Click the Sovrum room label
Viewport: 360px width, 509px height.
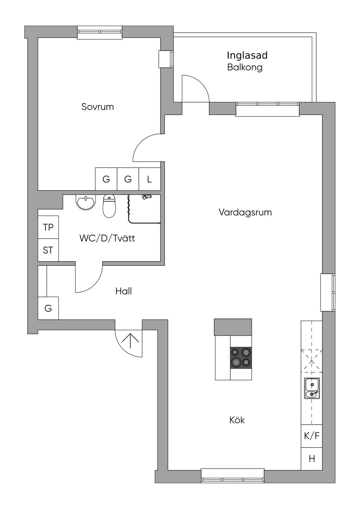click(x=97, y=107)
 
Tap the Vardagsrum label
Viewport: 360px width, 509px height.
click(x=245, y=212)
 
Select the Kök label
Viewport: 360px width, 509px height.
click(x=237, y=420)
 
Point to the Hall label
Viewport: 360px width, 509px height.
click(x=123, y=291)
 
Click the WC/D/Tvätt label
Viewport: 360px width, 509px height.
click(x=107, y=238)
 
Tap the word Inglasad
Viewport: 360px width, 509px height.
click(x=247, y=56)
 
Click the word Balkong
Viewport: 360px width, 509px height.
click(x=245, y=67)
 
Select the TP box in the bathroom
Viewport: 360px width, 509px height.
click(x=48, y=227)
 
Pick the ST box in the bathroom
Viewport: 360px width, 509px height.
click(x=48, y=250)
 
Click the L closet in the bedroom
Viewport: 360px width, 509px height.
click(x=149, y=179)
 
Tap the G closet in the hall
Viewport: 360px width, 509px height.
click(x=48, y=308)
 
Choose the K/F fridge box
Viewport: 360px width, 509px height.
click(x=311, y=436)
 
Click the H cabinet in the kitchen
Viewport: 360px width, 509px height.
click(x=311, y=459)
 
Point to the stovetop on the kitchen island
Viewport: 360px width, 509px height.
click(x=241, y=358)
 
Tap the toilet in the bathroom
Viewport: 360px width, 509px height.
click(x=110, y=206)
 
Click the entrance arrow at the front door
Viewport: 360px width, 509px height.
click(x=130, y=341)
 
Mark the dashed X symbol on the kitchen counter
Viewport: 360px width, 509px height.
click(x=311, y=361)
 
